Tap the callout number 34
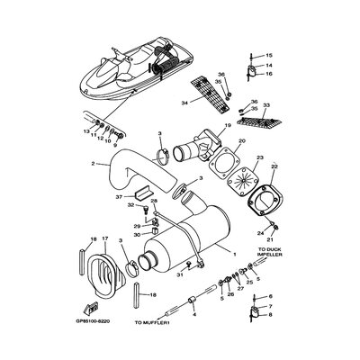(185, 103)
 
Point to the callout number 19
(228, 125)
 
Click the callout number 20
(242, 142)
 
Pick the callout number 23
(259, 158)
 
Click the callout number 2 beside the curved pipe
(94, 164)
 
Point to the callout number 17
(105, 238)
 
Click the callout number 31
(180, 274)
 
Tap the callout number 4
(194, 314)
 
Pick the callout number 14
(268, 65)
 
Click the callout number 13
(86, 131)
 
